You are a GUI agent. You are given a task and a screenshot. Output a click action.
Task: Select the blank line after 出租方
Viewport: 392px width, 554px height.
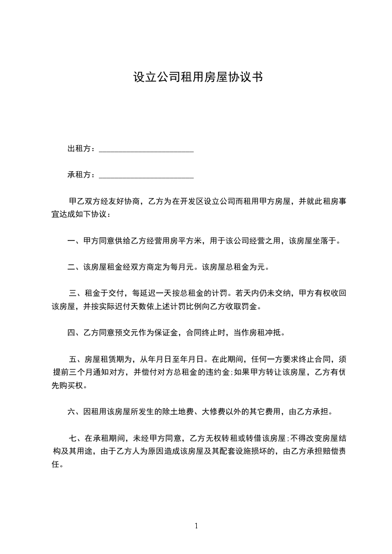pos(146,150)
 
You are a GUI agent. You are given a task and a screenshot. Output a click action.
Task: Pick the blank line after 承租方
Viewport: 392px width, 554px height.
pos(146,176)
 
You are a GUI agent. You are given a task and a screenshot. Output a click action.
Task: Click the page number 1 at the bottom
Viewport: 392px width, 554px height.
pos(196,526)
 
